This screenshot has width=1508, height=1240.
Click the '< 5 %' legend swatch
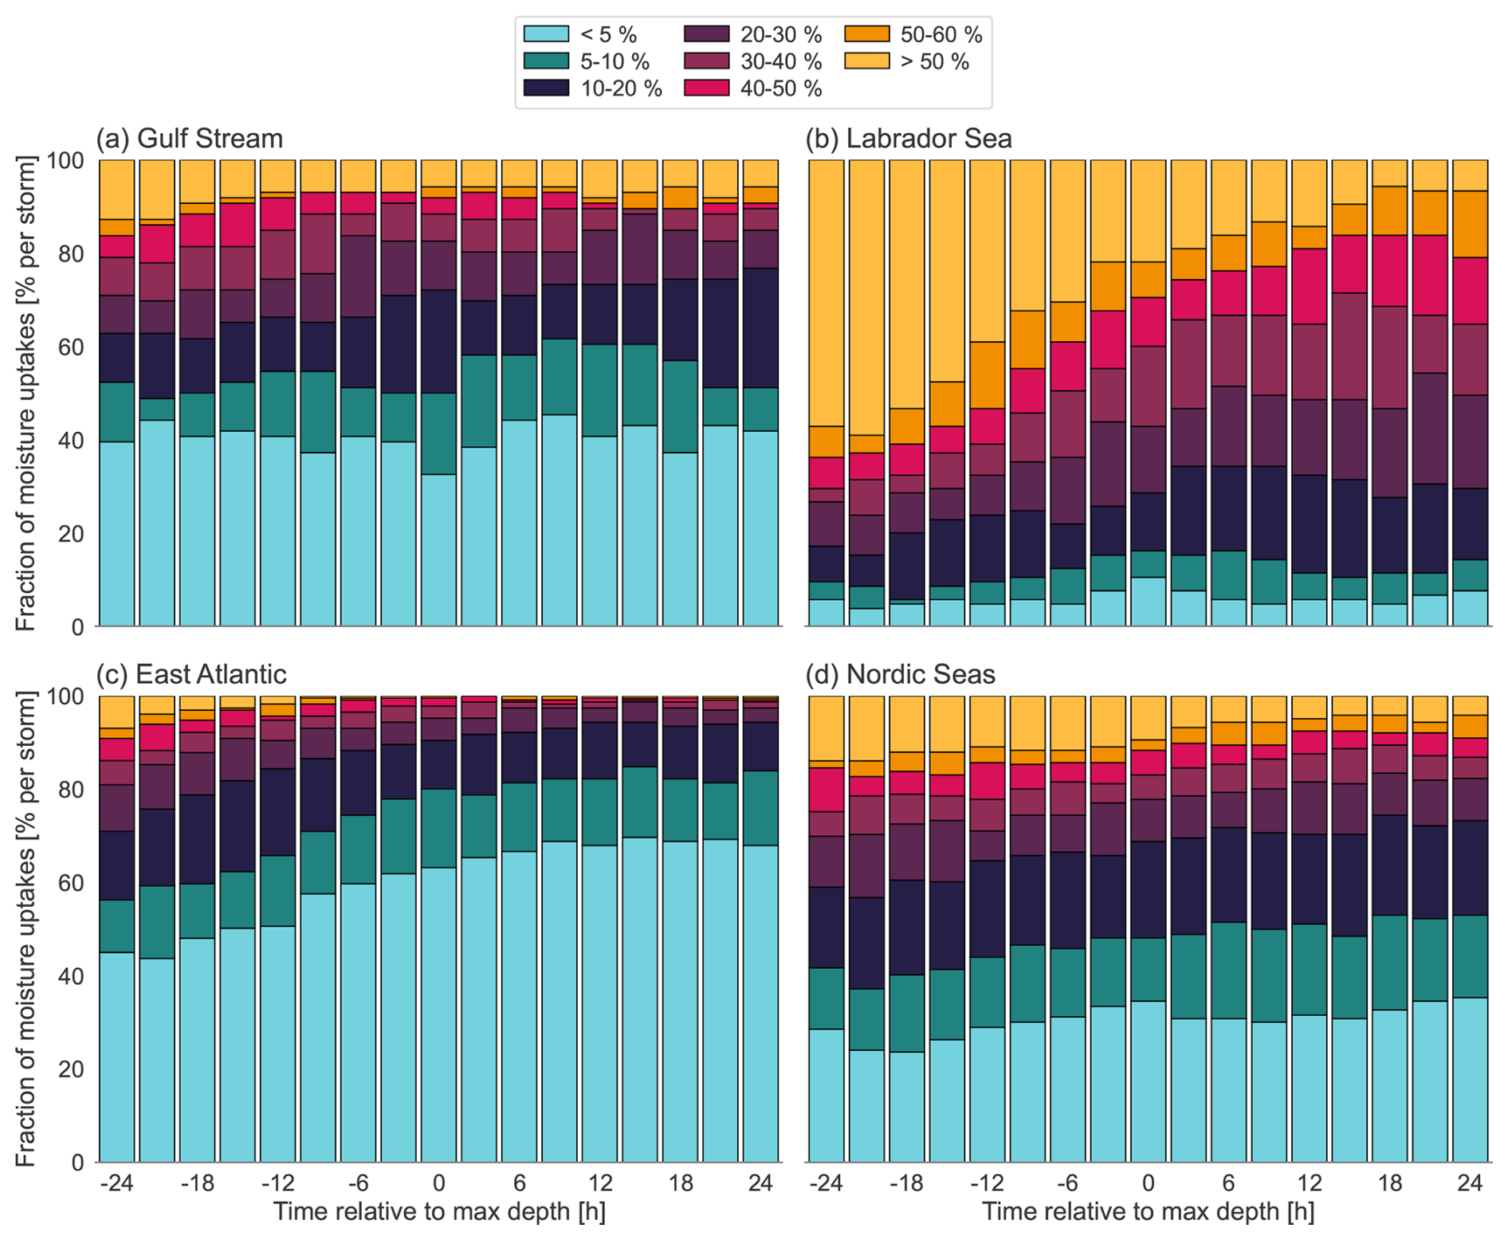point(546,34)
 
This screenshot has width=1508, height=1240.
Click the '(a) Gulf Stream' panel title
point(190,139)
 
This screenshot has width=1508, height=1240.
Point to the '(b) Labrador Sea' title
point(909,139)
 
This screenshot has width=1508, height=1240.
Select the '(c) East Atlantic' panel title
point(191,674)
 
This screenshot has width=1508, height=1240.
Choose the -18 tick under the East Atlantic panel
point(197,1183)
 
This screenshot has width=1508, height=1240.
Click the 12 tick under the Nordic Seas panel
point(1309,1183)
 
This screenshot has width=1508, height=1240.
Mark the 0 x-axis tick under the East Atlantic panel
point(438,1183)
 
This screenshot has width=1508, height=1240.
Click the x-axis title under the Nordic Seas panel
point(1148,1212)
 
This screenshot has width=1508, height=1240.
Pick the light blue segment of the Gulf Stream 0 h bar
point(438,550)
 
